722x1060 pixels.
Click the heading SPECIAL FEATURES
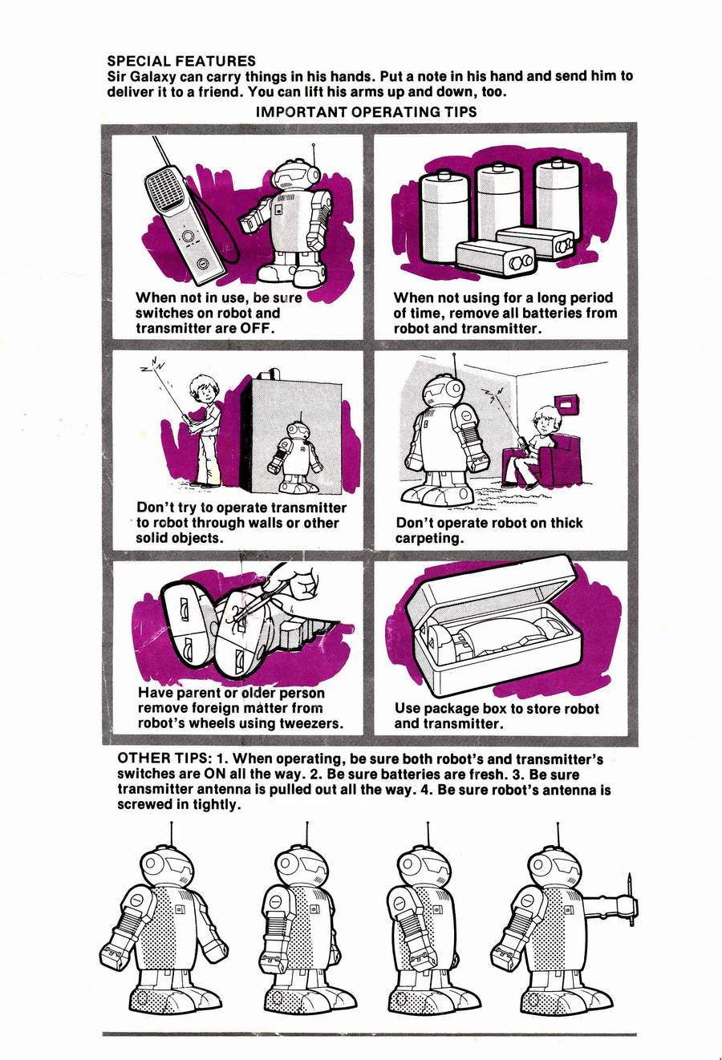(x=181, y=61)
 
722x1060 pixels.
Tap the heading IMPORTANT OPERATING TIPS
(x=366, y=111)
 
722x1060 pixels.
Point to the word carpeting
(x=428, y=538)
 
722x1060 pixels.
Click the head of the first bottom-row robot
(x=168, y=864)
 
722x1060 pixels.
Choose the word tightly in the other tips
(x=217, y=804)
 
